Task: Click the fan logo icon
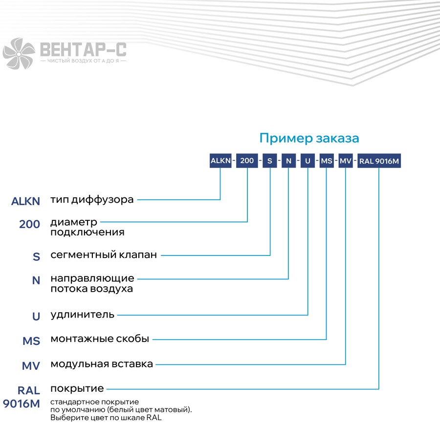pos(19,54)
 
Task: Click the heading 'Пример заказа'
pos(309,138)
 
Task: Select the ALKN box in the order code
pos(220,161)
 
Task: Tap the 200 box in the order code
pos(247,161)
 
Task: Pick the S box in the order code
pos(270,161)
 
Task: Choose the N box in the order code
pos(289,161)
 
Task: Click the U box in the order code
pos(308,161)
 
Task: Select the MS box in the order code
pos(327,161)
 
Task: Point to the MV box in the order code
pos(346,161)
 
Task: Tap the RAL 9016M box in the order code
pos(379,161)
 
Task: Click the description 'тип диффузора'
pos(92,200)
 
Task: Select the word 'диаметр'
pos(74,222)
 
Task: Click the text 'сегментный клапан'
pos(104,254)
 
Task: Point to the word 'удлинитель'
pos(83,315)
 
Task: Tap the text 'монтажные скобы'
pos(100,339)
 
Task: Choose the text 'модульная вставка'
pos(102,364)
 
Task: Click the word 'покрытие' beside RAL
pos(77,389)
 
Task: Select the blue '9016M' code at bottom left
pos(22,404)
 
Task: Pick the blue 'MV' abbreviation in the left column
pos(31,366)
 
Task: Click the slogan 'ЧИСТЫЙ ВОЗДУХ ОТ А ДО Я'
pos(83,61)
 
